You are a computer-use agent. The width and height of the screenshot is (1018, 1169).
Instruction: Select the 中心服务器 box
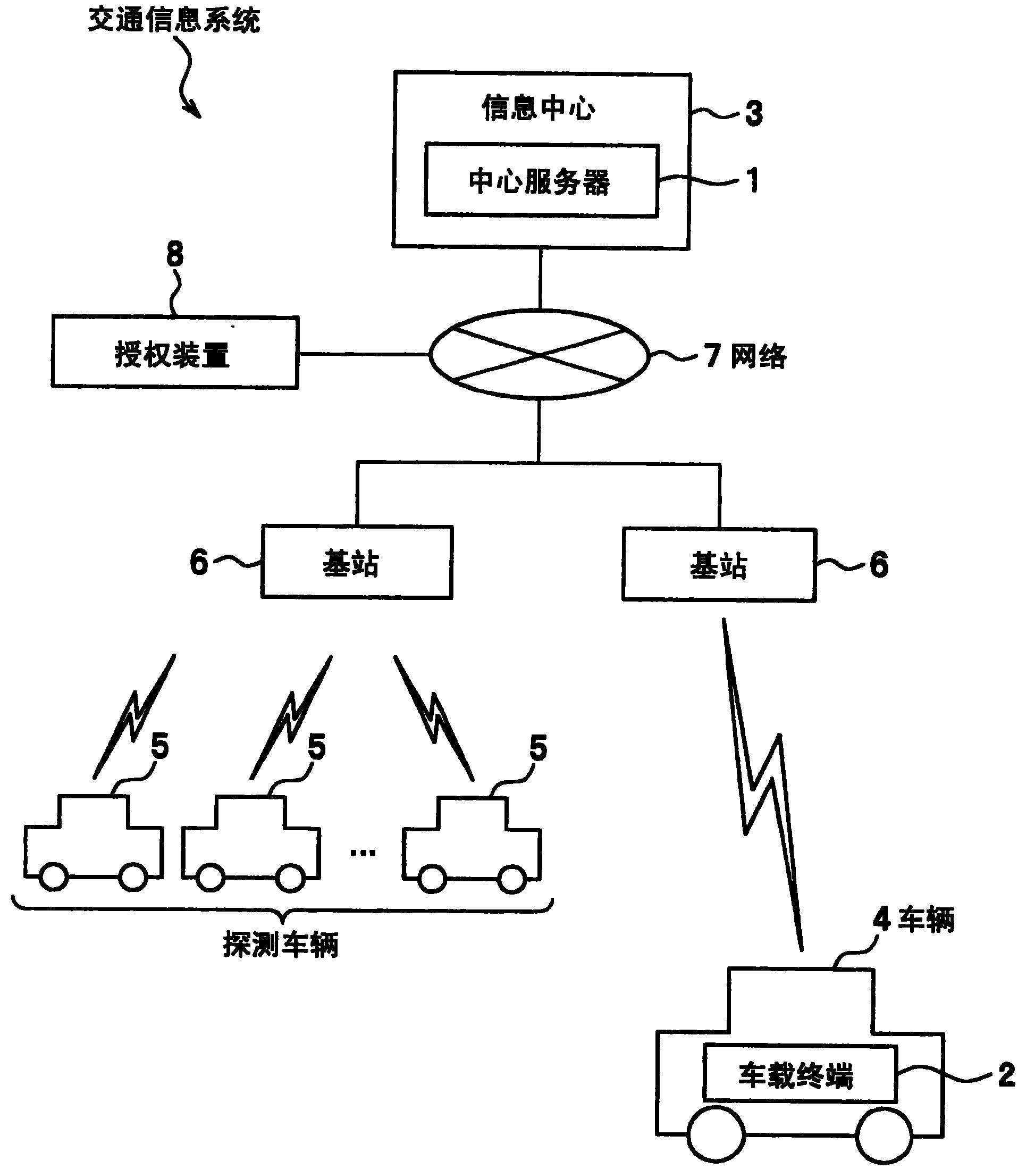[x=541, y=181]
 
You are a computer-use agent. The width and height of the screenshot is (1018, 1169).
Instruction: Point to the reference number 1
[x=753, y=181]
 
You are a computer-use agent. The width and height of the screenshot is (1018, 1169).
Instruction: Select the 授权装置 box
[x=174, y=352]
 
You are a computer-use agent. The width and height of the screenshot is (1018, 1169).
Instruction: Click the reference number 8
[x=174, y=255]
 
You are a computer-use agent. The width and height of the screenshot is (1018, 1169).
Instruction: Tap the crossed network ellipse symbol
[x=539, y=354]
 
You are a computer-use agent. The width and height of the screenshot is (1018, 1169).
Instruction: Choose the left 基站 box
[x=356, y=562]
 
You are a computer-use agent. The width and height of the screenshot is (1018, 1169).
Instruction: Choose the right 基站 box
[x=719, y=565]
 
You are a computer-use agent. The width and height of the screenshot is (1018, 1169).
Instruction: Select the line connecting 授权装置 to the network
[x=364, y=354]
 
